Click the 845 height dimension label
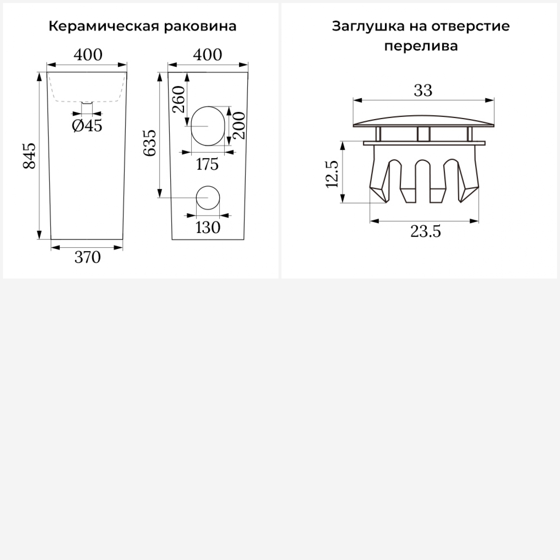tap(29, 156)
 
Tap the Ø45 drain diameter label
tap(87, 126)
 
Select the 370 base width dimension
tap(87, 258)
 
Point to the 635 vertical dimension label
tap(150, 143)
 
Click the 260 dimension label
tap(179, 99)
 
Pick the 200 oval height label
tap(239, 125)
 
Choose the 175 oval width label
tap(207, 164)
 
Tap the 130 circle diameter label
tap(208, 227)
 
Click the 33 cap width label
tap(423, 91)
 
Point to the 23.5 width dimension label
tap(426, 232)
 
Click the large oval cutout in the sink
tap(208, 126)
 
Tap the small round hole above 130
tap(208, 197)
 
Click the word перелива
tap(421, 46)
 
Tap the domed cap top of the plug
tap(424, 121)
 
